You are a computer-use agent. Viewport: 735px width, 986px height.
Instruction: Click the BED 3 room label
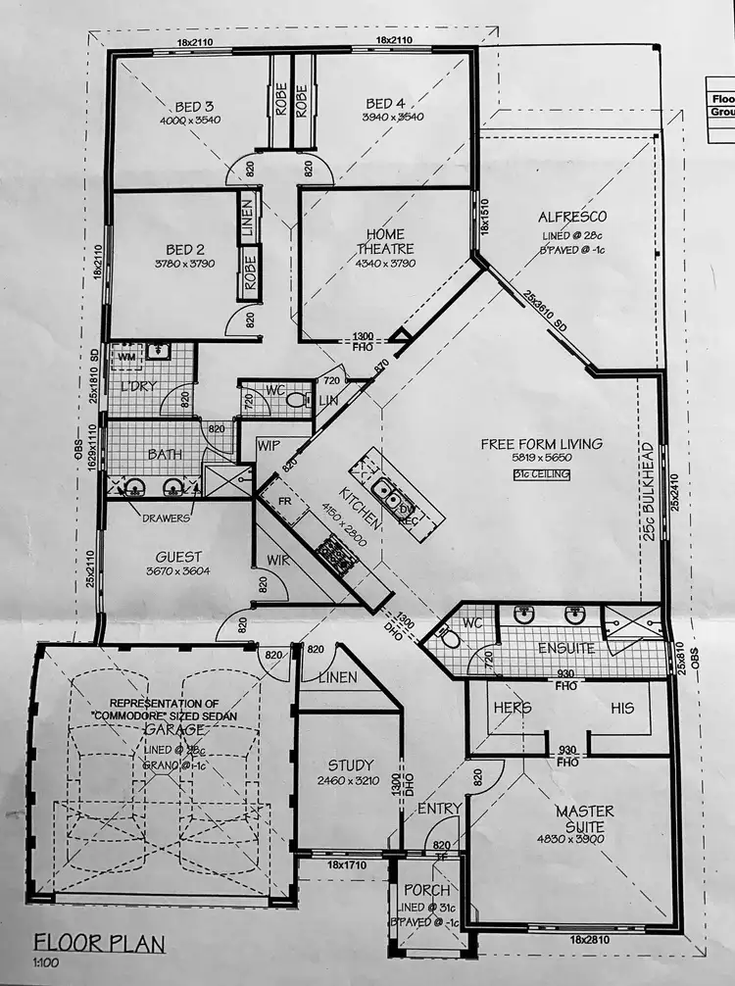[x=194, y=106]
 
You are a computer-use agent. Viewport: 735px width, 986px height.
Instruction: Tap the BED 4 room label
[x=385, y=104]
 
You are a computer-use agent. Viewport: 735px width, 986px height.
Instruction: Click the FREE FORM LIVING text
[x=541, y=444]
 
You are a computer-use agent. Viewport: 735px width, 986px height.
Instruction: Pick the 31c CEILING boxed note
[x=541, y=474]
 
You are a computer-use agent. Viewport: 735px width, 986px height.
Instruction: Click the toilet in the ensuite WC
[x=448, y=639]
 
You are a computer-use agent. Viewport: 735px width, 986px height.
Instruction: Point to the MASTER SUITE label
[x=584, y=818]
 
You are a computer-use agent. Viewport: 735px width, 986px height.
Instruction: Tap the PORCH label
[x=427, y=890]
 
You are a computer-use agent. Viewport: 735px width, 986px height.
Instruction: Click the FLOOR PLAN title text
[x=99, y=943]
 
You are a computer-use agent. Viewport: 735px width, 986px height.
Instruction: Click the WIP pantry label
[x=269, y=446]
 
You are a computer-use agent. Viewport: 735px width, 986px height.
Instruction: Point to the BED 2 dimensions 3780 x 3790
[x=184, y=265]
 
